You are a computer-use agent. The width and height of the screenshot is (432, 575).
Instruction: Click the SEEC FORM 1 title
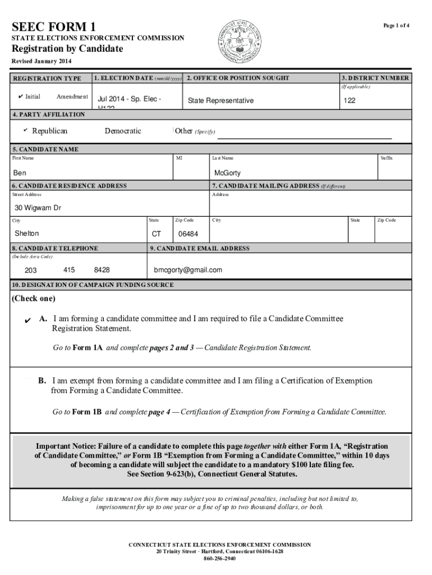(x=54, y=26)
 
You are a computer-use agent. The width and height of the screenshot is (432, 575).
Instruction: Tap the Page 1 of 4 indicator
(x=396, y=26)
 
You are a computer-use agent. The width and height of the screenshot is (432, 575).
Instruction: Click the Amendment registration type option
(x=72, y=97)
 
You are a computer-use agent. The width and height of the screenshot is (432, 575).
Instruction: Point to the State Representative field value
(x=220, y=101)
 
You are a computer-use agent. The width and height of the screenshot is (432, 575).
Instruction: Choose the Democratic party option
(x=123, y=131)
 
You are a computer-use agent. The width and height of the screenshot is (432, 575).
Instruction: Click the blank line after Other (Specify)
(x=304, y=137)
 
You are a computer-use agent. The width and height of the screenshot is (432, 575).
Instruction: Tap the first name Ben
(x=20, y=173)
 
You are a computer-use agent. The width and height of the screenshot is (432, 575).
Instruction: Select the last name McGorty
(x=227, y=173)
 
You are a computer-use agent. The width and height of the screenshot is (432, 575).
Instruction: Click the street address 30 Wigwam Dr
(x=38, y=208)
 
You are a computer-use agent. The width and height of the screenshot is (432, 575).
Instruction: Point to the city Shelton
(x=26, y=233)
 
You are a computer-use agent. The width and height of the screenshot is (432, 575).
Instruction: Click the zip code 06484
(x=188, y=234)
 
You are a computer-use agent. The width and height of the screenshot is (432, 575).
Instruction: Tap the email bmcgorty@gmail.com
(x=188, y=270)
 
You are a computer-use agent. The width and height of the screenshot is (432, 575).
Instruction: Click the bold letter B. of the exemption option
(x=42, y=381)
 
